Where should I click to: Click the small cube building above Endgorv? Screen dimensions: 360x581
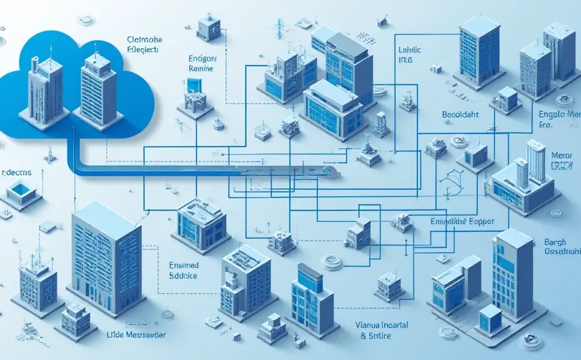208,26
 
